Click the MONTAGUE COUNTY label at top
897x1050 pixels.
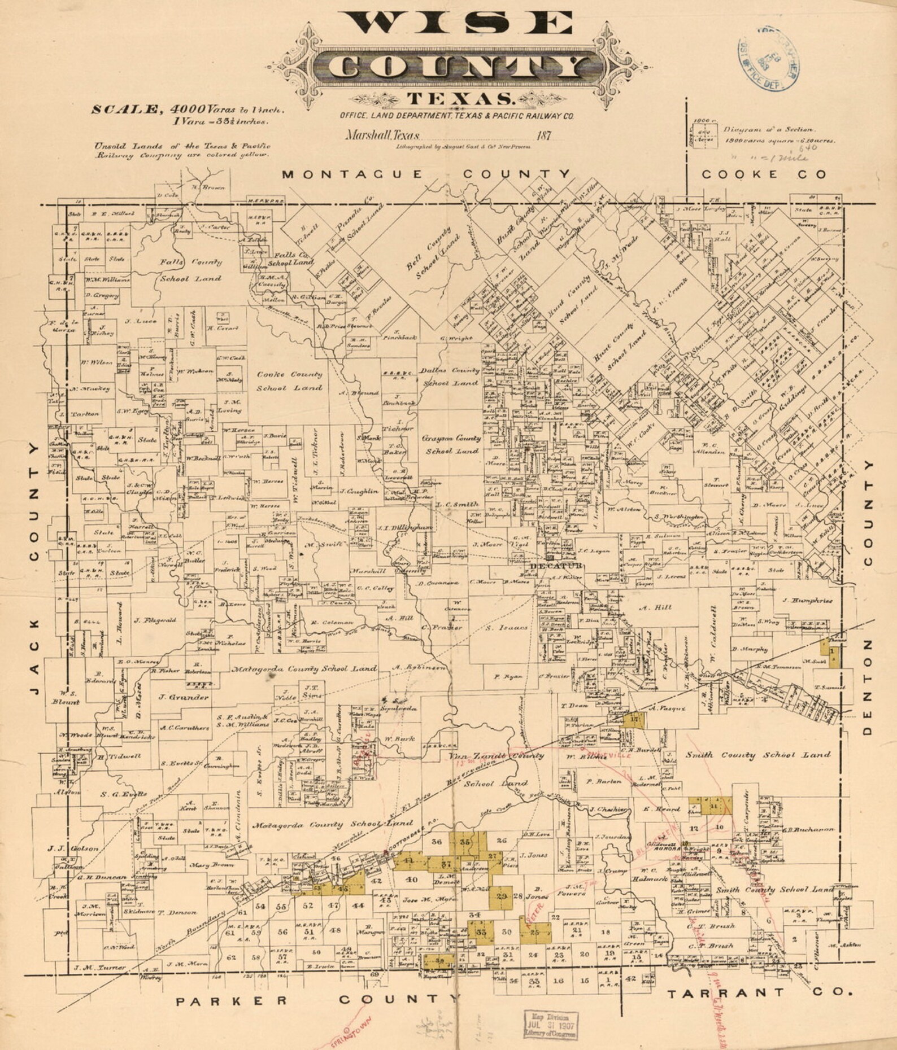[x=426, y=174]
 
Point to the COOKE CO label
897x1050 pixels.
[x=764, y=174]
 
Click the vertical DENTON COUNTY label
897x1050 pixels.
[x=868, y=598]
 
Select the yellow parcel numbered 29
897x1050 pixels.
[x=501, y=896]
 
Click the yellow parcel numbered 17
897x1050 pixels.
[x=635, y=719]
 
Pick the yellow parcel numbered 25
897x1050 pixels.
[x=535, y=932]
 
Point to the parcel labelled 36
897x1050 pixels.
[x=436, y=842]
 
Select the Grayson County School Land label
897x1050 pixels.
[x=452, y=444]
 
